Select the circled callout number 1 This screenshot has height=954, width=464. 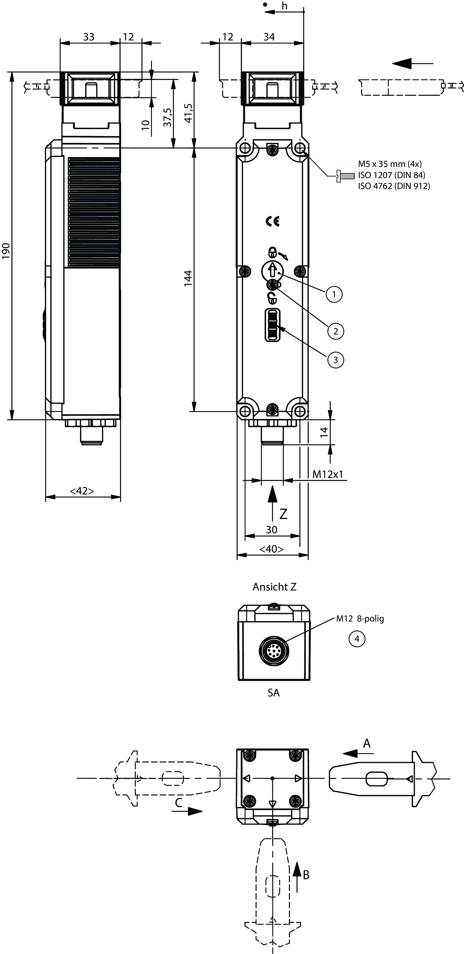[334, 294]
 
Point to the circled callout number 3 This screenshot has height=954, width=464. [336, 360]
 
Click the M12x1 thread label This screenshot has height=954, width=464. [328, 474]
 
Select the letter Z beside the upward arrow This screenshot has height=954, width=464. [283, 514]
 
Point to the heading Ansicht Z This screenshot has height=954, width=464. [274, 587]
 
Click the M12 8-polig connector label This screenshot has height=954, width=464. [360, 618]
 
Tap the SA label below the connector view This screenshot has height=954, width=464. [274, 693]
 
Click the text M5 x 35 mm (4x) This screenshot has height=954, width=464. [390, 164]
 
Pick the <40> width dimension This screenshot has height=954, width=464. [271, 549]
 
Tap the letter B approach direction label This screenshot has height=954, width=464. [306, 875]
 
